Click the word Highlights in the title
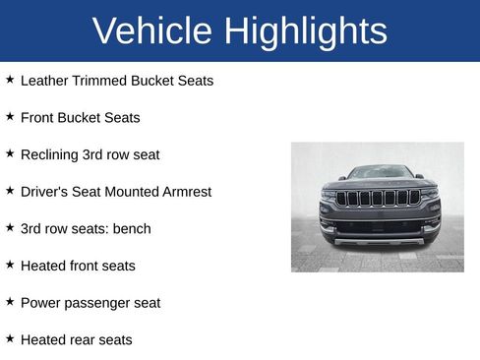pos(306,32)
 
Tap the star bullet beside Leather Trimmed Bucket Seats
pos(10,79)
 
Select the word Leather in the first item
pos(44,80)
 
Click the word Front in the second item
pos(37,117)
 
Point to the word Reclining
pos(51,154)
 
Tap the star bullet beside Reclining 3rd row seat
pos(10,153)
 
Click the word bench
pos(132,228)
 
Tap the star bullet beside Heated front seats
pos(10,265)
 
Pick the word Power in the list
pos(40,302)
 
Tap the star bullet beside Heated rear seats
pos(10,338)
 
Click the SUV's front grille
pos(378,198)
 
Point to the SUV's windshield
pos(380,172)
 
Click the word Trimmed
pos(100,80)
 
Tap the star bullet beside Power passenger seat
pos(10,302)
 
